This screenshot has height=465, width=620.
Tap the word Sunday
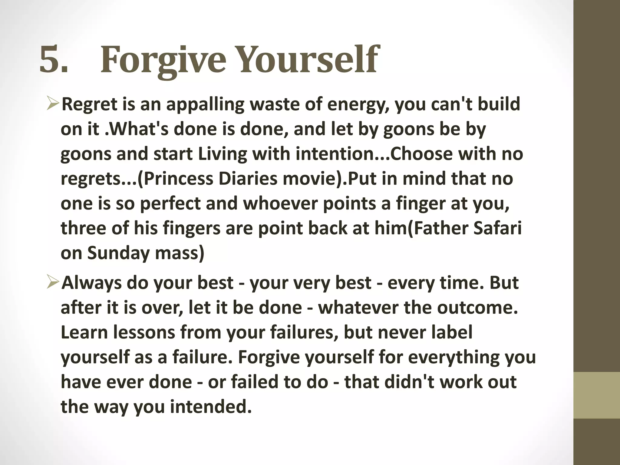118,253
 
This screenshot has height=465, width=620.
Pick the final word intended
211,407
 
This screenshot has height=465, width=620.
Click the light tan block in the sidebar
597,395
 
